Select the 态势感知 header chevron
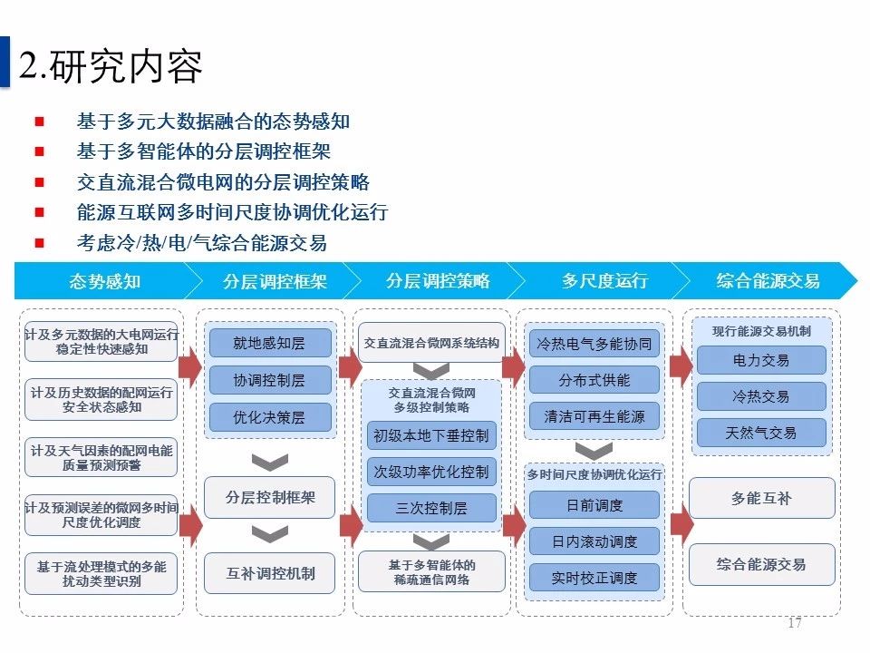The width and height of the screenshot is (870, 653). (105, 281)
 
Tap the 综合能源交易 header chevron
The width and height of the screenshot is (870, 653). (768, 281)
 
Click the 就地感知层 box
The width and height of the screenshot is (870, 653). (269, 343)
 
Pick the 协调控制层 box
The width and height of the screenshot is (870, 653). (269, 380)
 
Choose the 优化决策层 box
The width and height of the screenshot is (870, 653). (269, 417)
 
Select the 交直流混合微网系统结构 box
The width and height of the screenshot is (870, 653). (431, 344)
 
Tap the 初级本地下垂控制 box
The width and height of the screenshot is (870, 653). (431, 435)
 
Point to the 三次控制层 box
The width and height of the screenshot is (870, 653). (431, 508)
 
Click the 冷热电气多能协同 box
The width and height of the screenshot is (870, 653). (594, 344)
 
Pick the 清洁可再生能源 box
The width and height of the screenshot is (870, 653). (594, 417)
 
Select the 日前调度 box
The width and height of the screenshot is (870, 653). (594, 505)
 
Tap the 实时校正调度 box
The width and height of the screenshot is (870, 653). (594, 578)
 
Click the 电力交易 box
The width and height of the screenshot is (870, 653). (761, 360)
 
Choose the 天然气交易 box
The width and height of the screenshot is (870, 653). (761, 433)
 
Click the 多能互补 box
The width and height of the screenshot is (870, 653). (761, 499)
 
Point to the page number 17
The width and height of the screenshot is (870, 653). (795, 623)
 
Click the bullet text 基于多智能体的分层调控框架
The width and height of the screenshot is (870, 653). (204, 151)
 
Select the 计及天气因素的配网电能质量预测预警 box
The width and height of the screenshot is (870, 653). (101, 457)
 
